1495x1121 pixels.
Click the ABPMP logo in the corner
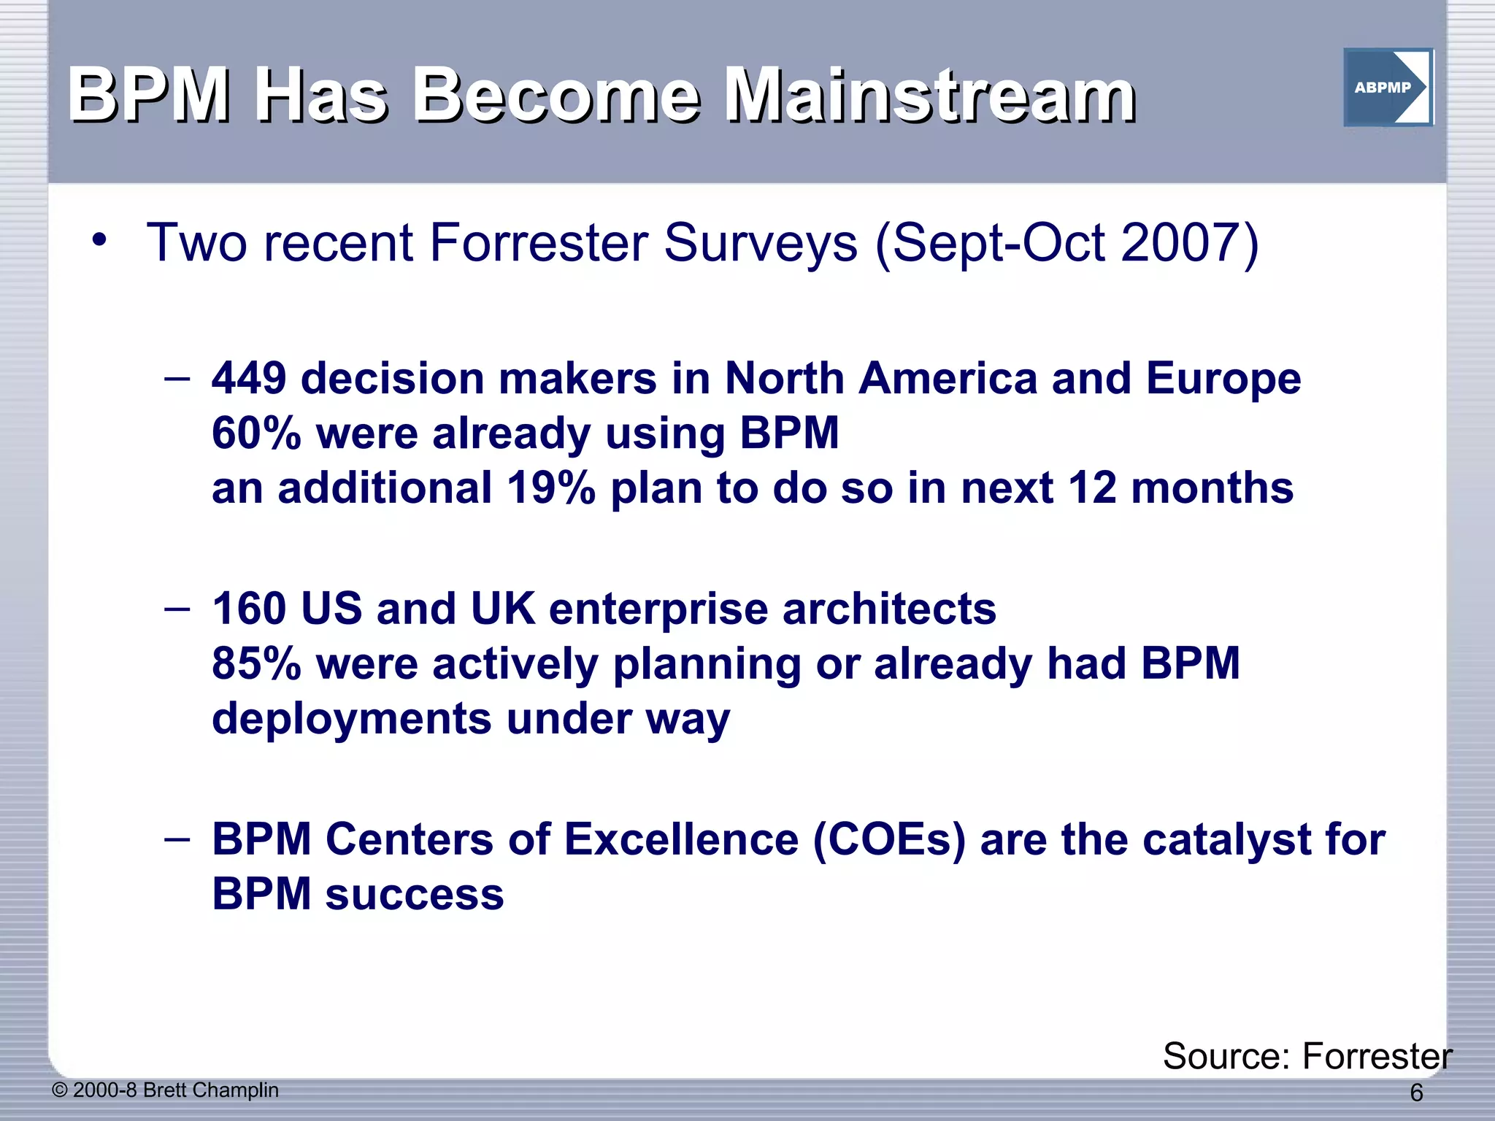[1388, 88]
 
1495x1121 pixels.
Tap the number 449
[249, 379]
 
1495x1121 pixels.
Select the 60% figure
[256, 434]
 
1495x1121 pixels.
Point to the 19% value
[550, 488]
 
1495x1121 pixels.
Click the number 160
[249, 609]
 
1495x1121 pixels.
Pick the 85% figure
[256, 663]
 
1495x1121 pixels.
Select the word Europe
[1223, 379]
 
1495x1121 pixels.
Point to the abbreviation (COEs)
[888, 839]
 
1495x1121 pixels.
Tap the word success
[414, 894]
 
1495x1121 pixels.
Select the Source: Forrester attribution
[1307, 1056]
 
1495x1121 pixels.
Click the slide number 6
[1415, 1093]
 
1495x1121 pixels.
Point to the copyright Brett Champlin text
[166, 1090]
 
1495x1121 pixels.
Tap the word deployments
[351, 718]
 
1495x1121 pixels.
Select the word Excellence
[681, 839]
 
